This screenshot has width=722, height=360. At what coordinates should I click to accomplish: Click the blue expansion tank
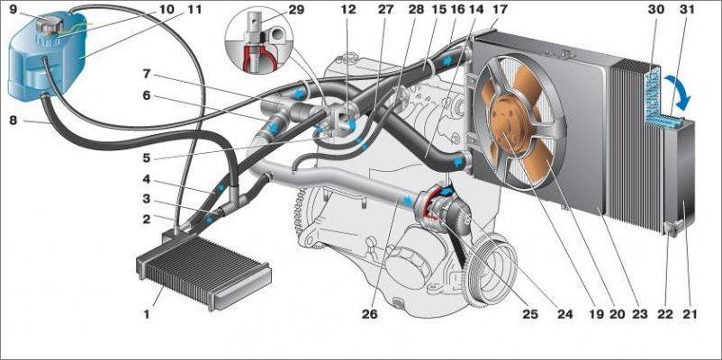point(45,58)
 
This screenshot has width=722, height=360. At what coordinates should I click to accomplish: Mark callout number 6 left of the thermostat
point(146,96)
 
